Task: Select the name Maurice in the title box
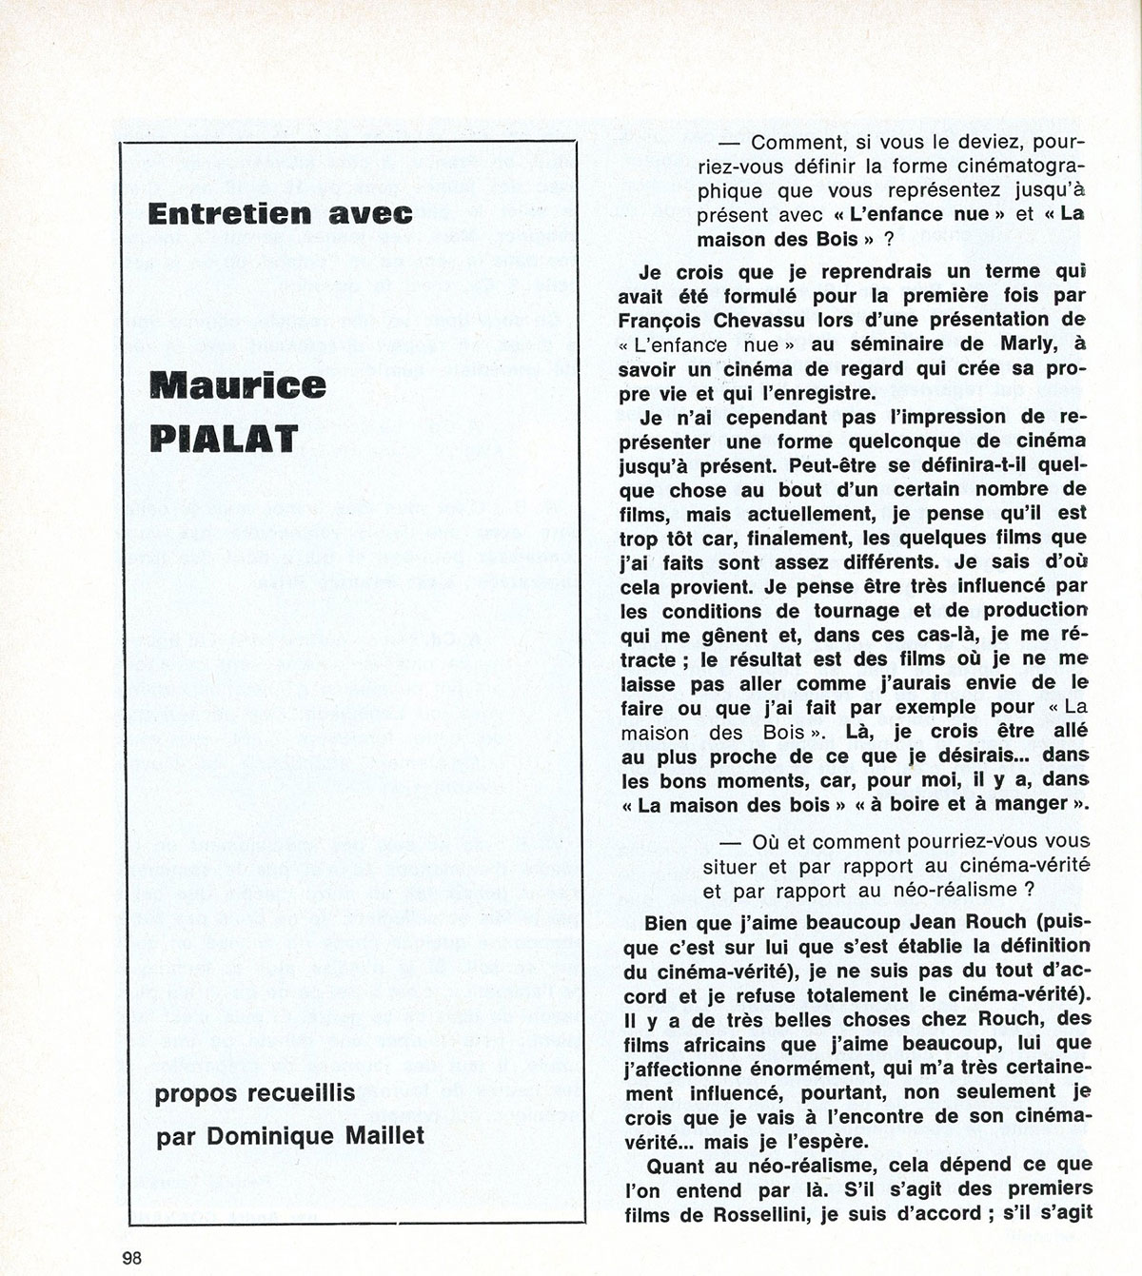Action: coord(239,385)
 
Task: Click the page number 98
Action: coord(132,1256)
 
